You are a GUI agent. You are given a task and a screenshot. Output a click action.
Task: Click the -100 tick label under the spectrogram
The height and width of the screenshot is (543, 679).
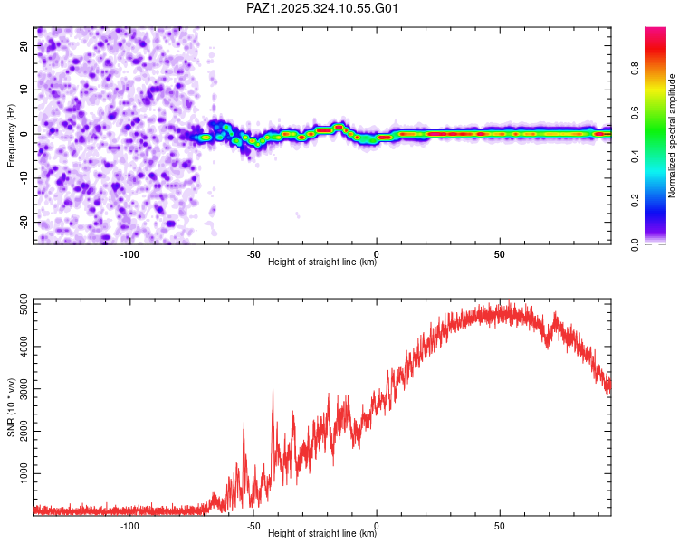(x=129, y=253)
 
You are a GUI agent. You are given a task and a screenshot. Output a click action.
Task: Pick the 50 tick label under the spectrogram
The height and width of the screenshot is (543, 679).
(x=500, y=253)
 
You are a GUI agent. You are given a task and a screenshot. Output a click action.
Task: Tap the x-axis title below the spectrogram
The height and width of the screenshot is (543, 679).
(x=322, y=262)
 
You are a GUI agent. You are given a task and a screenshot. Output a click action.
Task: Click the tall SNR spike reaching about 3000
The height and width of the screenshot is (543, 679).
(x=273, y=391)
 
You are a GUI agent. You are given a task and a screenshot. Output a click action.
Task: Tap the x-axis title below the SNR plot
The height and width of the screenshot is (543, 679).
(x=322, y=534)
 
